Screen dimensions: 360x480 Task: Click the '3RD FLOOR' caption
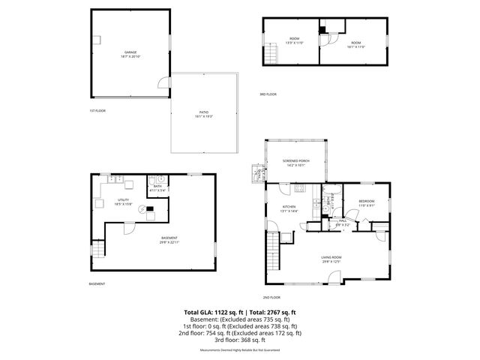click(x=268, y=94)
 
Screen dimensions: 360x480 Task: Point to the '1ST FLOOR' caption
click(x=97, y=110)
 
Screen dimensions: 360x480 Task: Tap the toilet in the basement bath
click(x=150, y=182)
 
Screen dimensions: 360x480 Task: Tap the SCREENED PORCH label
click(x=295, y=162)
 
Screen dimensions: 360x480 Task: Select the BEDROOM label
click(x=367, y=202)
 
